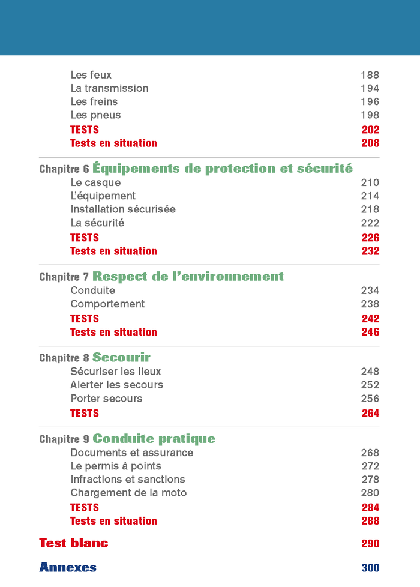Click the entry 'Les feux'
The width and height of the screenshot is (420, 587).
click(91, 75)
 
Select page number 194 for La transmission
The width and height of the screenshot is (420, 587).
click(370, 88)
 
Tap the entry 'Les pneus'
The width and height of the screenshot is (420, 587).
click(95, 115)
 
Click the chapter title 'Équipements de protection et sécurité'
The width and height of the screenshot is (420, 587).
click(223, 169)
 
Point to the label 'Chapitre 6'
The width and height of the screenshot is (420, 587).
click(64, 169)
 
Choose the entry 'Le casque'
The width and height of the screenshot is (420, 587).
click(95, 182)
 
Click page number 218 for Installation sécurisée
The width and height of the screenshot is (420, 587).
click(370, 209)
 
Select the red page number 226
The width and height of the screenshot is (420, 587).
click(370, 238)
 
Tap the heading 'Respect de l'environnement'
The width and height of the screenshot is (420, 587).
click(188, 277)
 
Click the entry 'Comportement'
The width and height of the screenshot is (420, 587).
click(107, 304)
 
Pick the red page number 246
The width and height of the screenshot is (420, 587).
click(370, 332)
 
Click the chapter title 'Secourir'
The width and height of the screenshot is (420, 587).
click(121, 358)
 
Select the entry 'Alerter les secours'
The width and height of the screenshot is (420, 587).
click(116, 385)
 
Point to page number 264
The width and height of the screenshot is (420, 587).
click(370, 413)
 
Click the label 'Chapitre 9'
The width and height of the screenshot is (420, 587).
click(64, 439)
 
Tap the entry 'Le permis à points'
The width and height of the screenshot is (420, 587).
click(116, 466)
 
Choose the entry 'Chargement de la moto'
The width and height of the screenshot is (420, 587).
click(128, 493)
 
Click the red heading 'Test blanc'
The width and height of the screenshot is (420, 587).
click(74, 543)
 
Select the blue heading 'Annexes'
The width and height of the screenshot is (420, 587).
click(68, 567)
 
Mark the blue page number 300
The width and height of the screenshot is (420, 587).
click(370, 568)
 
